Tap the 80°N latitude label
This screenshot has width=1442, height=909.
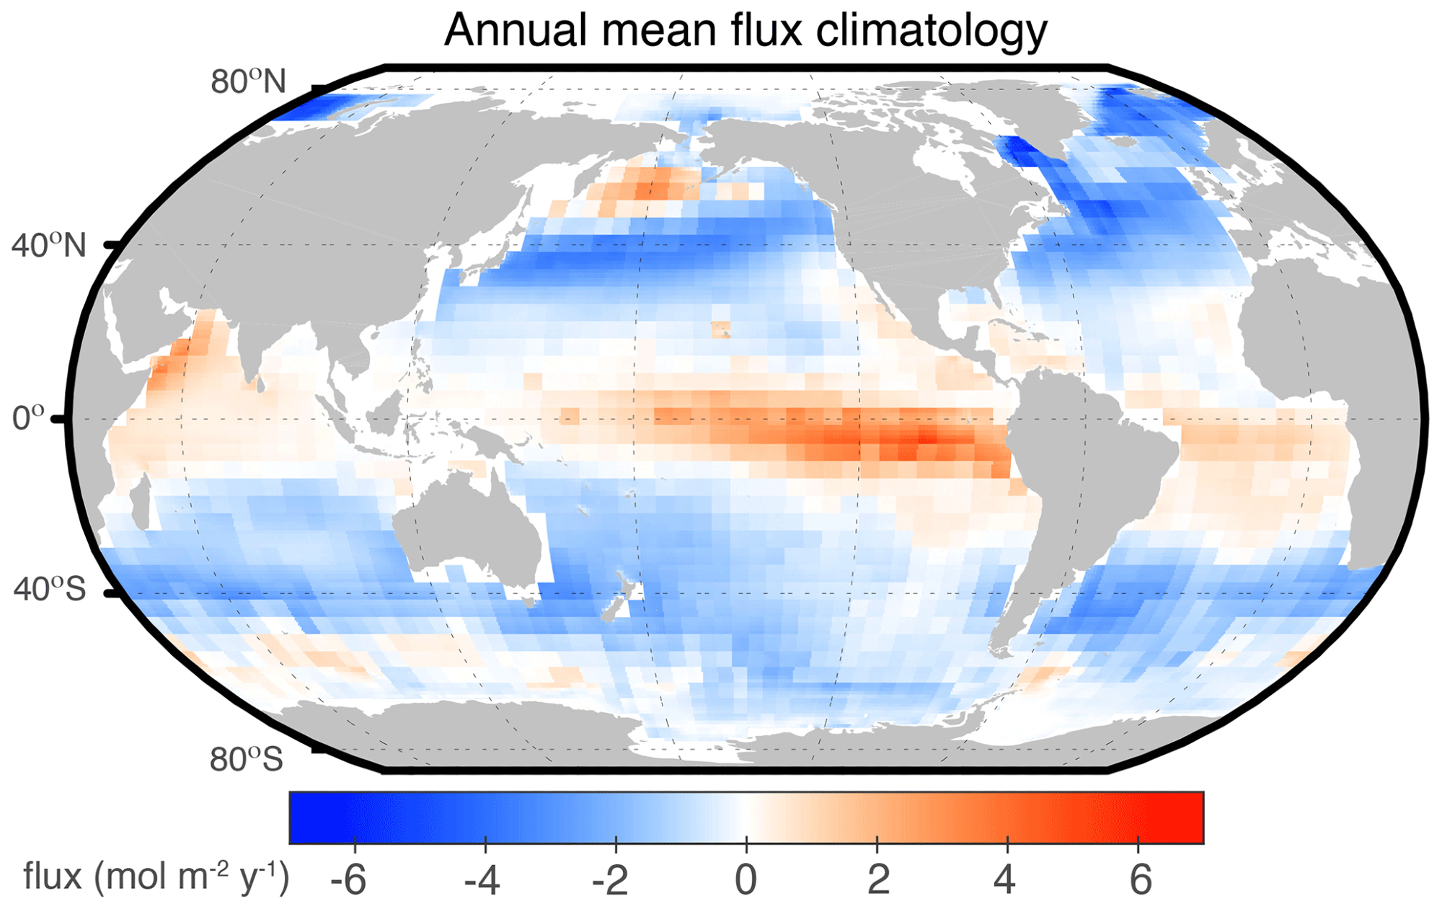point(248,82)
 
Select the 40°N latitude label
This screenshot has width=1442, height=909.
point(48,246)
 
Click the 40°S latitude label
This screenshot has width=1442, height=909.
point(49,590)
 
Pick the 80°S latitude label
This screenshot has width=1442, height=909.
point(247,759)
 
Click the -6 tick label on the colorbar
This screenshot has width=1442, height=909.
point(348,880)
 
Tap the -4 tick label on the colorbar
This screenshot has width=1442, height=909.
point(482,880)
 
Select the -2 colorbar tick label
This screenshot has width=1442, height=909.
point(611,880)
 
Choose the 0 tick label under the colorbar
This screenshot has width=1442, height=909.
point(746,880)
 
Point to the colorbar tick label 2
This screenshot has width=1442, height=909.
point(877,880)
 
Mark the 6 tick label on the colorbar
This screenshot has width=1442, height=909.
point(1140,880)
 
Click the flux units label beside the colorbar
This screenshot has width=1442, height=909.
point(156,877)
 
